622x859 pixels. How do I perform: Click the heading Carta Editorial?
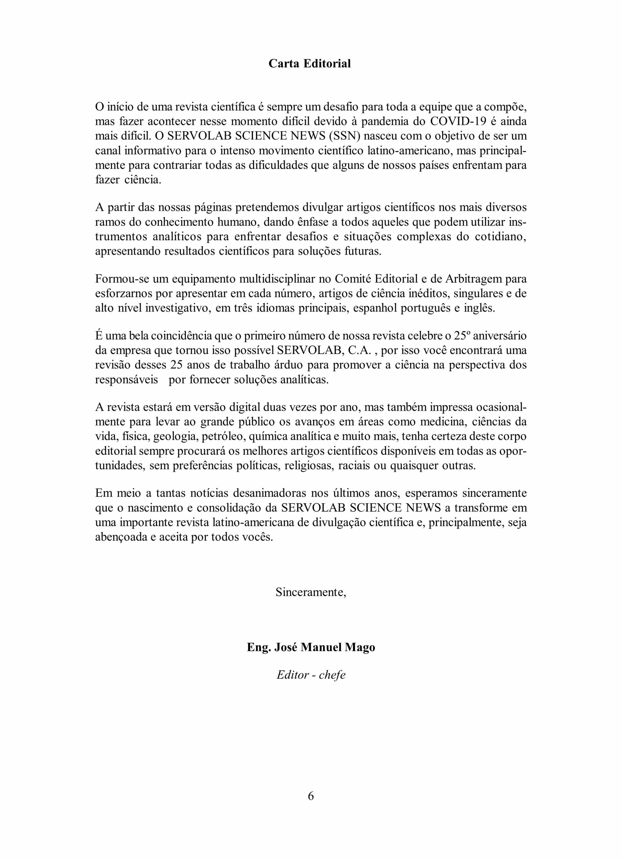pos(309,63)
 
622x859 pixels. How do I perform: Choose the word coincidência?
pos(182,336)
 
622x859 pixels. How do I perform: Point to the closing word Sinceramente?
pos(310,592)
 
